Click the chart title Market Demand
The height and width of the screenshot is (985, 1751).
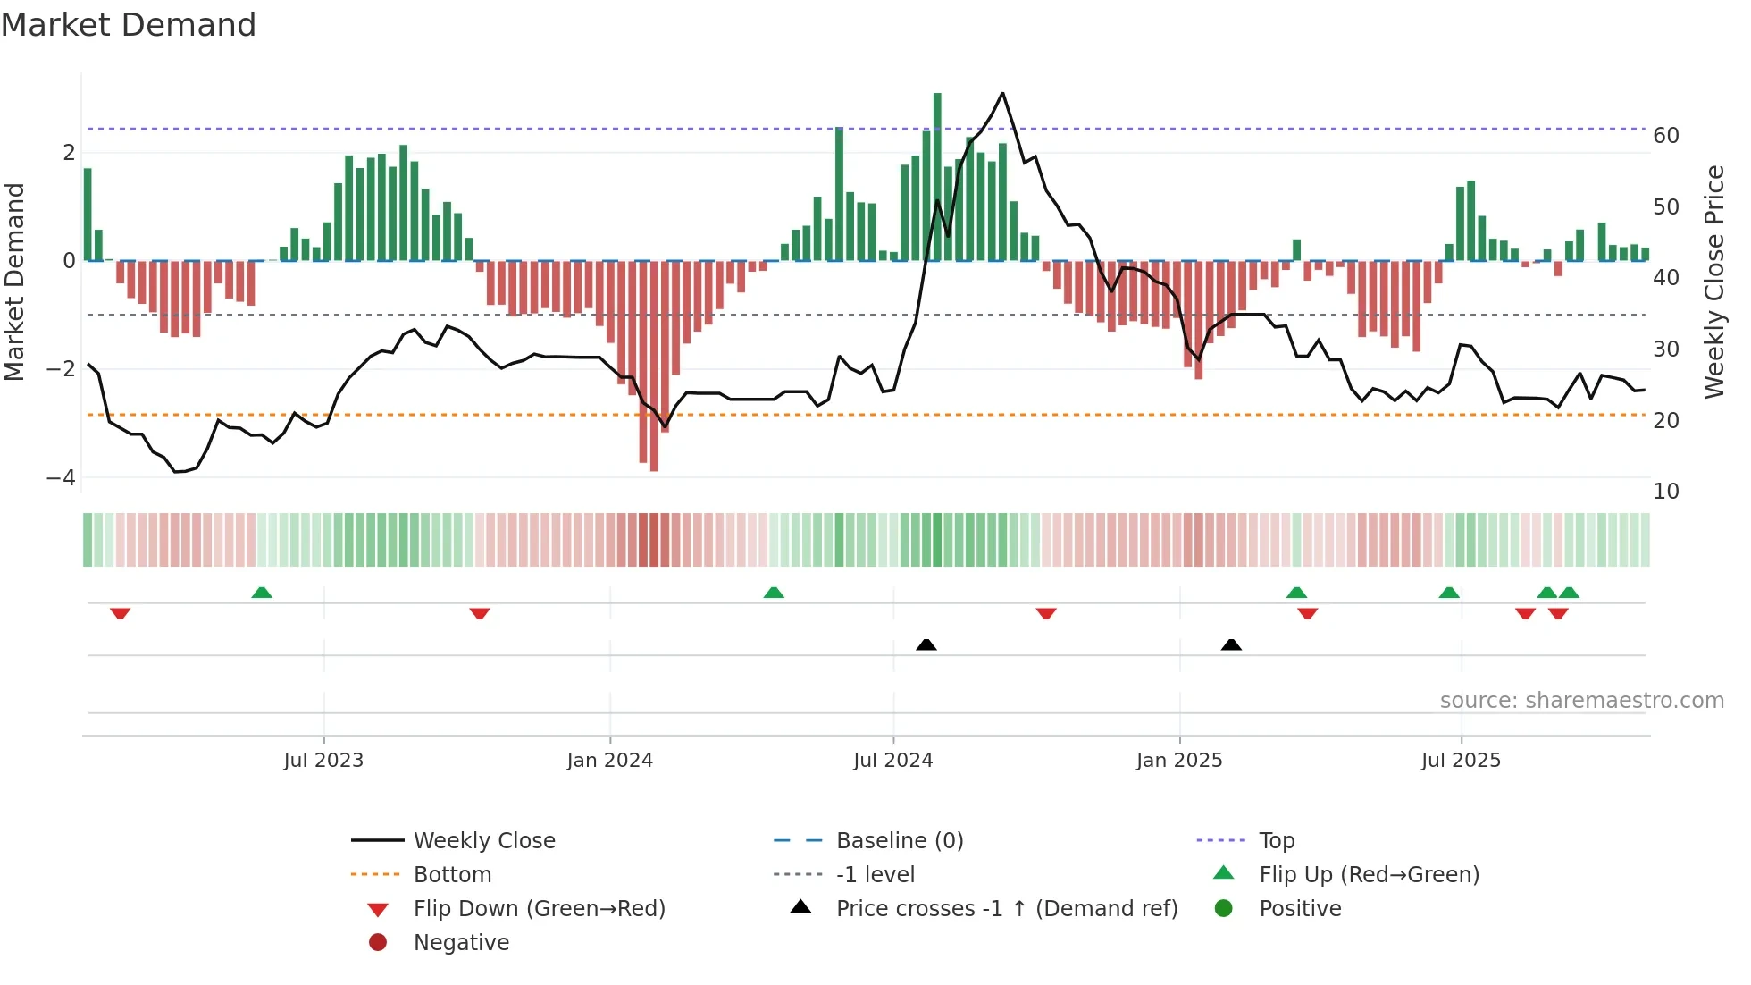(129, 25)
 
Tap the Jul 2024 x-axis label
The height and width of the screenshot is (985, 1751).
(892, 761)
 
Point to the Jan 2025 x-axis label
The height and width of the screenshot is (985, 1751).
(1178, 761)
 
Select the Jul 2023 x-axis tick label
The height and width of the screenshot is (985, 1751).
(323, 761)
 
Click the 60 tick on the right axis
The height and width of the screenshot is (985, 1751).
(1665, 136)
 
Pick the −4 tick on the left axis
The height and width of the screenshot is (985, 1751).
(61, 477)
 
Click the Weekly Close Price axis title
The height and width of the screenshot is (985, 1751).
(1713, 282)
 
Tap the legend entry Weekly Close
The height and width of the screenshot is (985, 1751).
(483, 840)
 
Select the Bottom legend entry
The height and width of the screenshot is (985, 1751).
(452, 874)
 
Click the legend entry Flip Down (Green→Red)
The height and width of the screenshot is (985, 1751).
(539, 908)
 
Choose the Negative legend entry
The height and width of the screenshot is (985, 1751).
(461, 942)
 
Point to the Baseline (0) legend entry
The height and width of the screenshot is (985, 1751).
(899, 840)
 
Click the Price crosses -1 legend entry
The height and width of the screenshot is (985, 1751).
(1006, 908)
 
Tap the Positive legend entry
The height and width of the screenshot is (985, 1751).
(1300, 908)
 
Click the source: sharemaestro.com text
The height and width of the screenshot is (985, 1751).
(1581, 700)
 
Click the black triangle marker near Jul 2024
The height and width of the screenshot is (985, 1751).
(926, 644)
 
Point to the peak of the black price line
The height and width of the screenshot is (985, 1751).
(1002, 93)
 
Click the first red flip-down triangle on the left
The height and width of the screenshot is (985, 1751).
(121, 613)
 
